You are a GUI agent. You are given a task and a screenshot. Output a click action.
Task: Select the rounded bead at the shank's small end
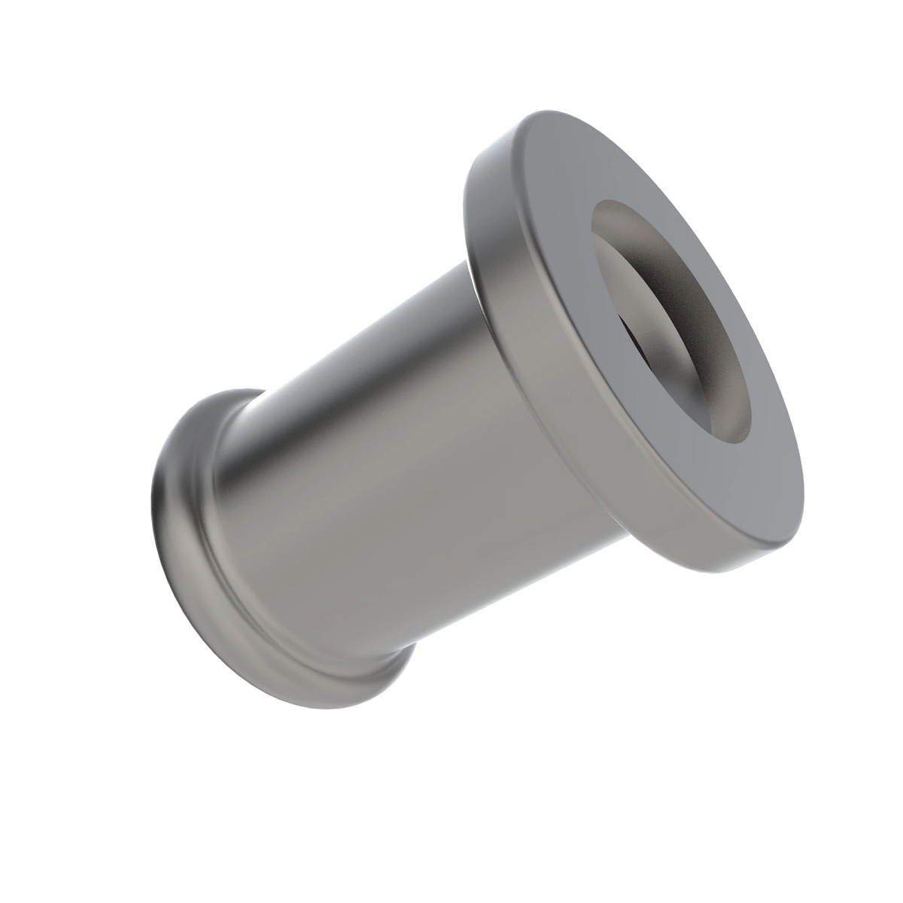(181, 527)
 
